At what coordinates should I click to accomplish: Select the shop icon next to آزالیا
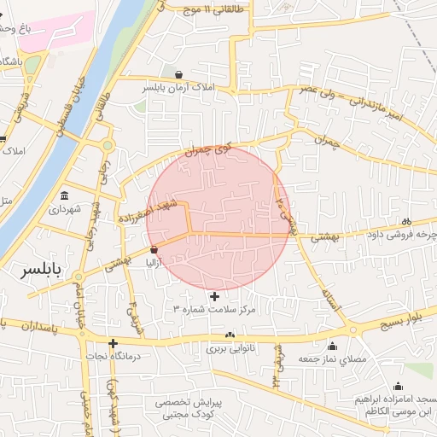pyautogui.click(x=154, y=249)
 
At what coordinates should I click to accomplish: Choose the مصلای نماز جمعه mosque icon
pyautogui.click(x=331, y=346)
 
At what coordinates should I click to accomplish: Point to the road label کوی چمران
pyautogui.click(x=208, y=149)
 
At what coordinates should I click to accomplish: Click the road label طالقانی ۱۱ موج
pyautogui.click(x=214, y=9)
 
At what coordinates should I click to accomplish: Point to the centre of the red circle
pyautogui.click(x=218, y=218)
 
